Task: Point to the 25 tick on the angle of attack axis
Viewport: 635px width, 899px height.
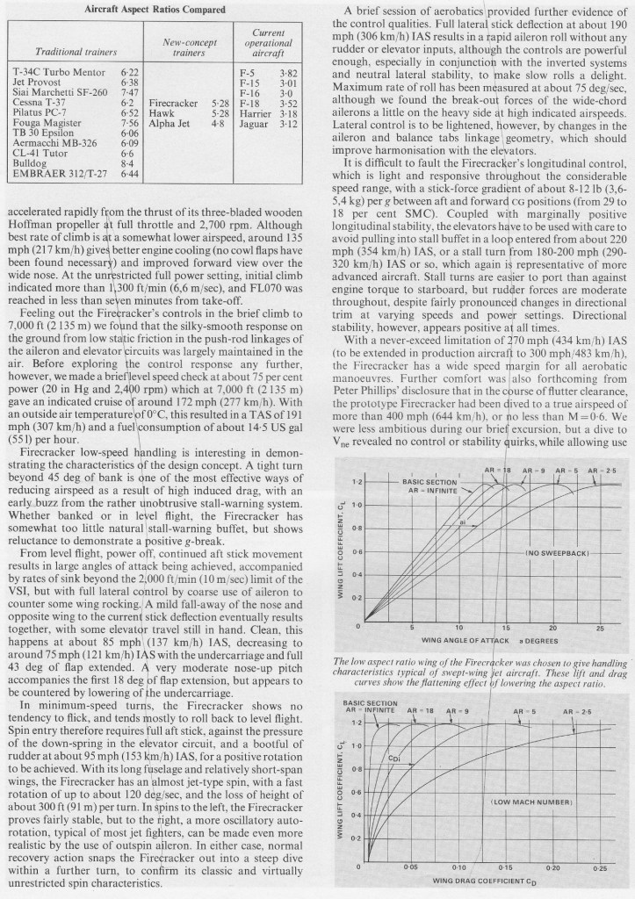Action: [600, 629]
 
